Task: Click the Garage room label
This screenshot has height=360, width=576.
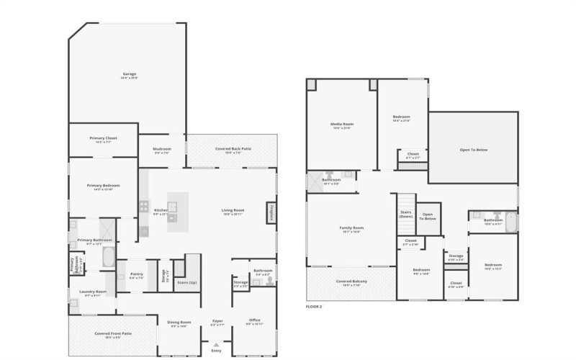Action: click(x=130, y=75)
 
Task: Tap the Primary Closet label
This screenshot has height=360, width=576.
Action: click(x=104, y=139)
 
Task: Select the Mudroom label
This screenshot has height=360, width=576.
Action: click(x=163, y=150)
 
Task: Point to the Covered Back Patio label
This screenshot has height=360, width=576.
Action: click(x=233, y=150)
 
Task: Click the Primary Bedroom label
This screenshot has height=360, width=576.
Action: click(x=104, y=186)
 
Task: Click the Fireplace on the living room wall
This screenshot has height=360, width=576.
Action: click(x=272, y=212)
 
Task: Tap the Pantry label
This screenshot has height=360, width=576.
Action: click(x=137, y=275)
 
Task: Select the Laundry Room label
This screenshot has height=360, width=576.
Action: click(x=92, y=293)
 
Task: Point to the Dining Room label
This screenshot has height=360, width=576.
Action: click(x=179, y=323)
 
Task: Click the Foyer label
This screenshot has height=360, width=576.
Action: click(x=217, y=323)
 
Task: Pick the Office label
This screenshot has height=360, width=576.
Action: click(x=254, y=321)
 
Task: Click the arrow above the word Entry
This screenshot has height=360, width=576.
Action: click(x=217, y=346)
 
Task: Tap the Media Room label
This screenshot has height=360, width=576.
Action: click(x=341, y=125)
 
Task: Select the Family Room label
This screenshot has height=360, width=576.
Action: click(x=351, y=229)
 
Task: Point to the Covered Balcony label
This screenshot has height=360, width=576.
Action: click(x=351, y=282)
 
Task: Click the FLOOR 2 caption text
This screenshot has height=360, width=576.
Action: click(x=314, y=307)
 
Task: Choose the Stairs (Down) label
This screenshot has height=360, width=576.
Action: click(x=405, y=214)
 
